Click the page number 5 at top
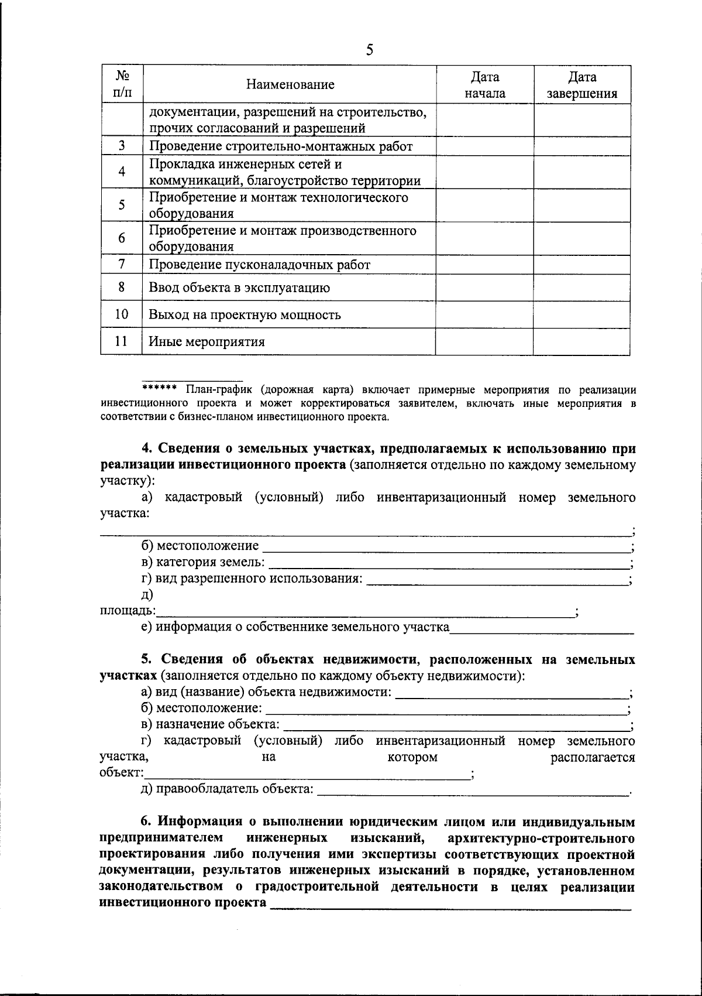pyautogui.click(x=369, y=50)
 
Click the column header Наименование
pyautogui.click(x=290, y=85)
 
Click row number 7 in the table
pyautogui.click(x=122, y=264)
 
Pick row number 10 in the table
pyautogui.click(x=122, y=314)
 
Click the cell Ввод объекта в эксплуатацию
pyautogui.click(x=239, y=288)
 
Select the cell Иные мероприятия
pyautogui.click(x=207, y=342)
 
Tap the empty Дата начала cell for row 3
pyautogui.click(x=484, y=146)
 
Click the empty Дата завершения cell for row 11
pyautogui.click(x=581, y=342)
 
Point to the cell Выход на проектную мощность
pyautogui.click(x=245, y=315)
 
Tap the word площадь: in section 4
pyautogui.click(x=127, y=611)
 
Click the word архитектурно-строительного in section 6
pyautogui.click(x=541, y=838)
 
